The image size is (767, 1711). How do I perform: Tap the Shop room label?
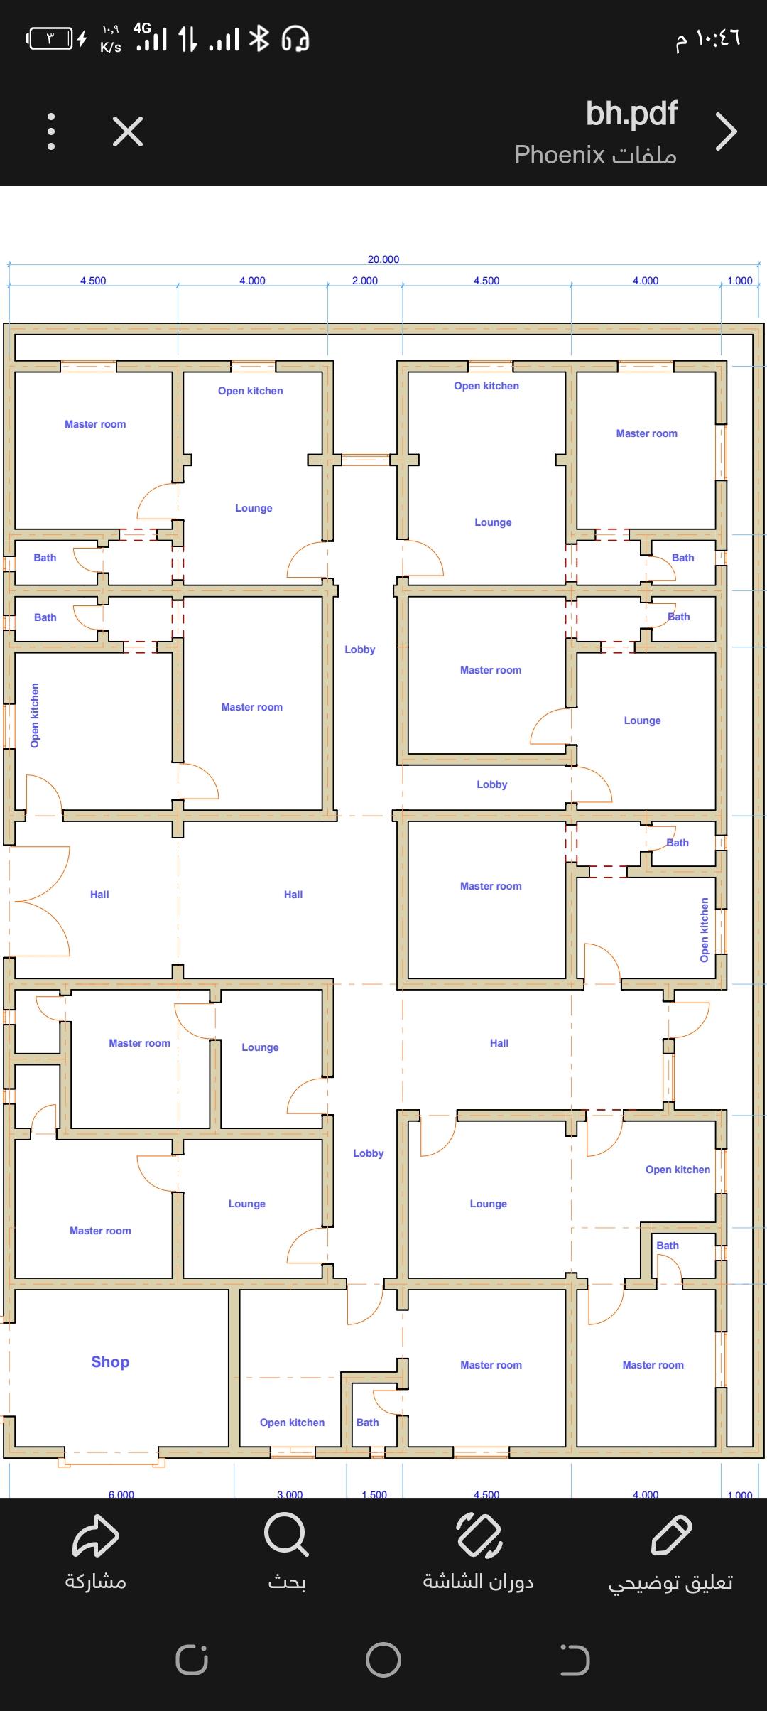pos(110,1361)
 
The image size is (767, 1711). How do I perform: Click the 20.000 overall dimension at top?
pos(383,259)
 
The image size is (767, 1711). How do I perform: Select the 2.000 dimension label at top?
pos(365,281)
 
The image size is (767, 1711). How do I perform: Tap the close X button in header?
pos(128,131)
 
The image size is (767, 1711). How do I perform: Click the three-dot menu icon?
pos(51,131)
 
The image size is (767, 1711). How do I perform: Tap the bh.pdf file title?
pos(631,114)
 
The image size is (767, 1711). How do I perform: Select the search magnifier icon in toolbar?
pos(286,1535)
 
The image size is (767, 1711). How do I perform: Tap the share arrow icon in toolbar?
pos(96,1535)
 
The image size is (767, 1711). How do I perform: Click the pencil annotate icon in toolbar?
pos(671,1535)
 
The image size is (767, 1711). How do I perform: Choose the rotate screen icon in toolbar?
pos(479,1535)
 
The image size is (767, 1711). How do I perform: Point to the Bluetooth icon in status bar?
pos(259,38)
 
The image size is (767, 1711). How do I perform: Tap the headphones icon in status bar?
pos(295,39)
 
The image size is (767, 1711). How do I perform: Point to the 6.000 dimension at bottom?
pos(121,1494)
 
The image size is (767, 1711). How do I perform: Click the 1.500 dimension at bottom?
pos(374,1494)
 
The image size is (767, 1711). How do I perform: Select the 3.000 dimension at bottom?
pos(290,1494)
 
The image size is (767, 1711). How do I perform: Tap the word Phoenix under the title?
pos(560,154)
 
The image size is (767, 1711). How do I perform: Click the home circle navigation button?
pos(383,1660)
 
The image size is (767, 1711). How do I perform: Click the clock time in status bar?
pos(708,38)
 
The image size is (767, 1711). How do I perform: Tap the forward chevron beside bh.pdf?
pos(726,131)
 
